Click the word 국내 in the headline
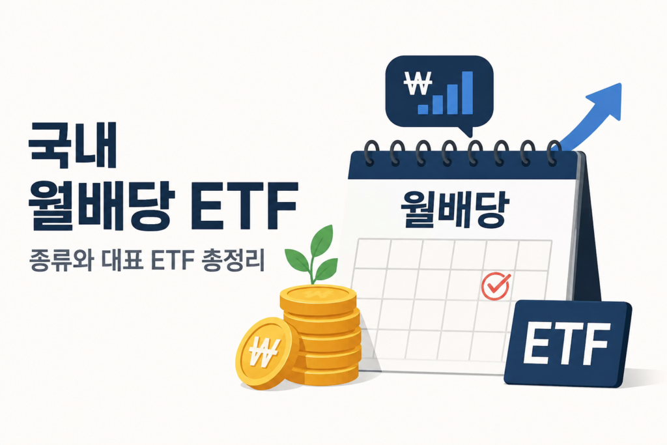pos(72,145)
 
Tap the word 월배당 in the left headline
pos(101,207)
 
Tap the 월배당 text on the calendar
pos(455,209)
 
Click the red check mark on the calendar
pos(496,285)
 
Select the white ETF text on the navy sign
pos(567,344)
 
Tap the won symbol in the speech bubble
pos(418,83)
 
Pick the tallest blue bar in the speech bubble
pos(467,93)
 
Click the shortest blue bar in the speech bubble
pos(423,109)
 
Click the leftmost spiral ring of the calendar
pos(371,153)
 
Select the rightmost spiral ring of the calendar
pos(554,153)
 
